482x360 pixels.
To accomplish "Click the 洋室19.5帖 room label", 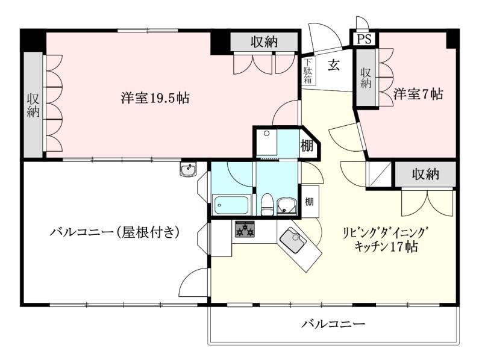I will pos(155,98).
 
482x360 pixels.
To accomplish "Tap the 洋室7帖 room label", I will pos(419,94).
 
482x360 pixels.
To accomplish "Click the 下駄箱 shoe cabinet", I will pos(308,70).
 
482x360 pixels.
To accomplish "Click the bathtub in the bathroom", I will pos(231,205).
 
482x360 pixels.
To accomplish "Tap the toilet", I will pos(268,204).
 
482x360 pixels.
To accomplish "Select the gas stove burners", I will pos(244,229).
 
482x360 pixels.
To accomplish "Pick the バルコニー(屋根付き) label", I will pos(115,231).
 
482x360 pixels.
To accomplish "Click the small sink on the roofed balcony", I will pos(188,170).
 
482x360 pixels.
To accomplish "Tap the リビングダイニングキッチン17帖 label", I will pos(386,240).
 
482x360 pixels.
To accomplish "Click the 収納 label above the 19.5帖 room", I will pos(264,42).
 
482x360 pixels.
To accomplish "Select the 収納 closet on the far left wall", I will pos(33,105).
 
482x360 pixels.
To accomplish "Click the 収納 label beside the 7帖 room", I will pos(366,78).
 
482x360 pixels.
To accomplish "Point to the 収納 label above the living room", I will pos(425,175).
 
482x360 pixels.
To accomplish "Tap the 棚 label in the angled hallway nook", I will pos(307,145).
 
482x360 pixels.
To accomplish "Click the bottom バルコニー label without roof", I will pos(333,324).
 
